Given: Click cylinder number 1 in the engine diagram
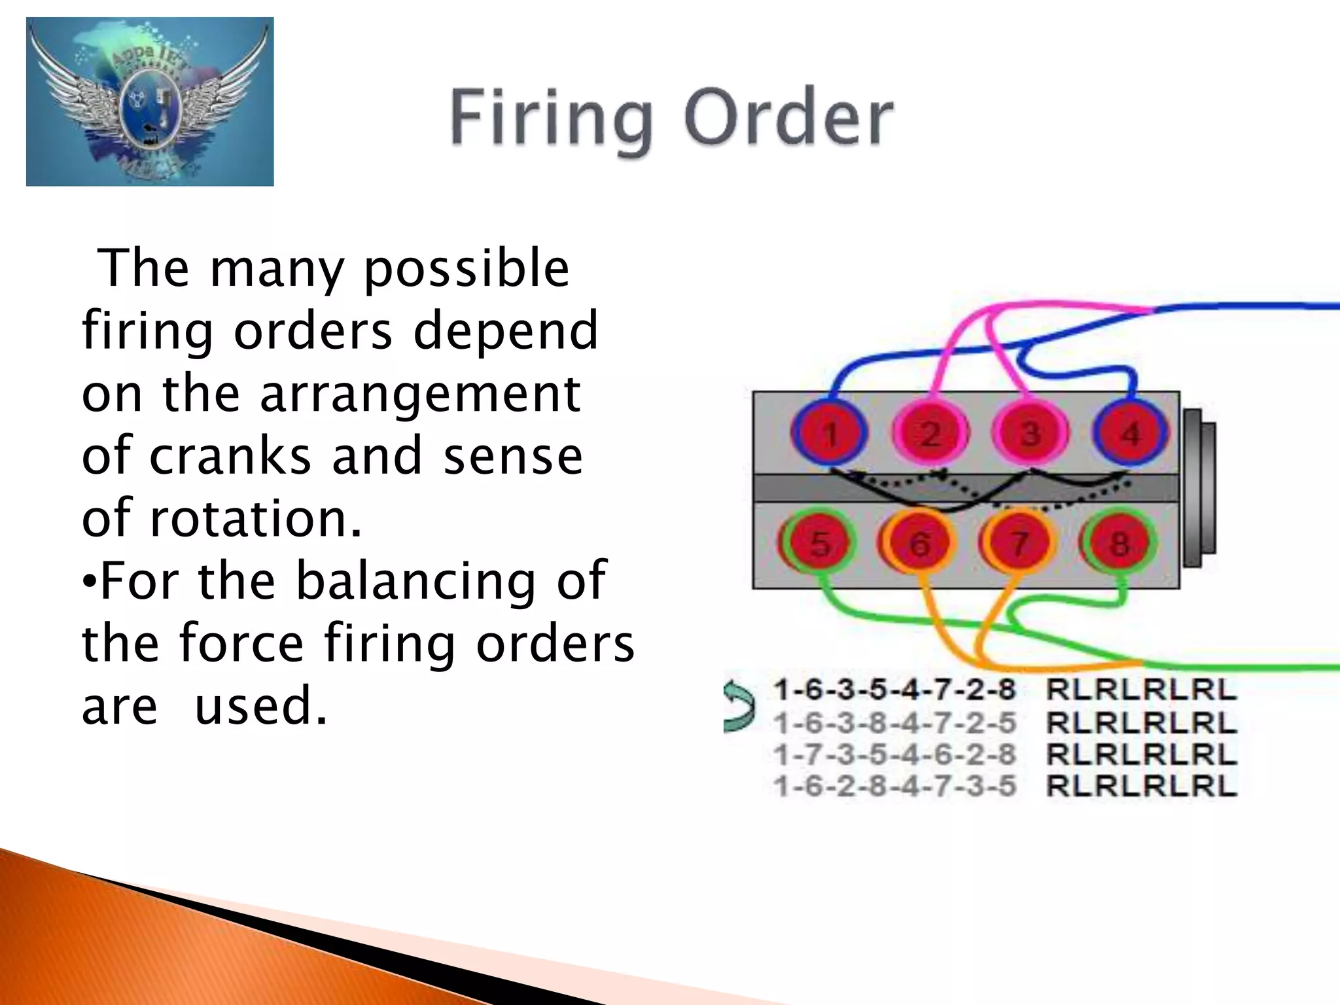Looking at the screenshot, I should pos(830,434).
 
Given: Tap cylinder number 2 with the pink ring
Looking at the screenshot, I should pos(930,434).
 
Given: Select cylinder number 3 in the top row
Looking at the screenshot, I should pos(1030,434).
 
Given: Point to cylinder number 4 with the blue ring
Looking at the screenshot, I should pos(1130,434).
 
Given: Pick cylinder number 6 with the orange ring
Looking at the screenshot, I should pos(919,543).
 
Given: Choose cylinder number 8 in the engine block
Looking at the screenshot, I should pos(1119,543).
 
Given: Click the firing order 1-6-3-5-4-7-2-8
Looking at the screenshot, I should pos(894,690).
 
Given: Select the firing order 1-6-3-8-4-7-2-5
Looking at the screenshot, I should pos(894,723).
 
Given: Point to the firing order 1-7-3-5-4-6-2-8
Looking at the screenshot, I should pos(894,754).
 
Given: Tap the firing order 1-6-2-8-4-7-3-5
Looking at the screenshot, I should pos(894,785).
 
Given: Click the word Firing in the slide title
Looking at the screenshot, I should pos(552,119).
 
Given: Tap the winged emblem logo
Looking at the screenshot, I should pos(150,101).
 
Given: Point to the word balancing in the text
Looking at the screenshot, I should pos(415,581).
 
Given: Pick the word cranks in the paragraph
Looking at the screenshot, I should pos(230,456).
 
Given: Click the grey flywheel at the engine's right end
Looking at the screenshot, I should pos(1199,487).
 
